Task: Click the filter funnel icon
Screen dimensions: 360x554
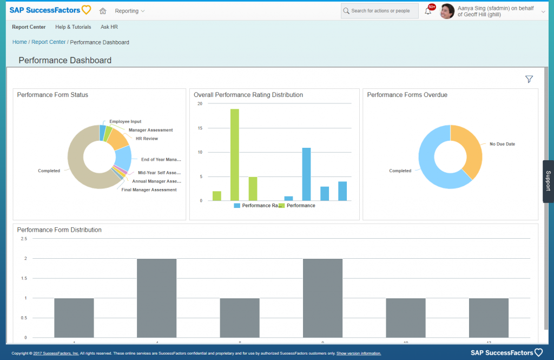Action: pos(529,80)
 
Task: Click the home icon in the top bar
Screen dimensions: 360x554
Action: pos(103,11)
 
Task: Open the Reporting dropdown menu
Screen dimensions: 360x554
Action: pos(130,11)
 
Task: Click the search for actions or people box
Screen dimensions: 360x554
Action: pos(380,11)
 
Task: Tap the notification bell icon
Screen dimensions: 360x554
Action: pos(428,11)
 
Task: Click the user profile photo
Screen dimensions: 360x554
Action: pos(447,11)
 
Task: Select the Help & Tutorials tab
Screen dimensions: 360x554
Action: pos(73,27)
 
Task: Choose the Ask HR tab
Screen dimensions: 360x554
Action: pos(109,27)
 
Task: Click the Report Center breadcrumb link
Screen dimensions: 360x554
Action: pos(48,42)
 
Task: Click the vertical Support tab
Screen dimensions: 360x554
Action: pos(548,181)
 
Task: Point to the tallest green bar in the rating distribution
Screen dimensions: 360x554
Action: pos(235,154)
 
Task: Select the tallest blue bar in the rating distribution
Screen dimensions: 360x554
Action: pos(306,174)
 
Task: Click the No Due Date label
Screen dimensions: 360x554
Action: pos(502,144)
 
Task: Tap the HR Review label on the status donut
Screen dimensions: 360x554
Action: pos(147,139)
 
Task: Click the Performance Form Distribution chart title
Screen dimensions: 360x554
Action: pos(60,230)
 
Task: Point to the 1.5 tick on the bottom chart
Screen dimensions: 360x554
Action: pos(23,278)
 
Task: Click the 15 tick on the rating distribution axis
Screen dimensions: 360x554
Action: pos(200,128)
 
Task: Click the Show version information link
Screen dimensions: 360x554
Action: pos(359,354)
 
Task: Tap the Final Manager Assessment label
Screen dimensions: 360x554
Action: pos(149,190)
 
